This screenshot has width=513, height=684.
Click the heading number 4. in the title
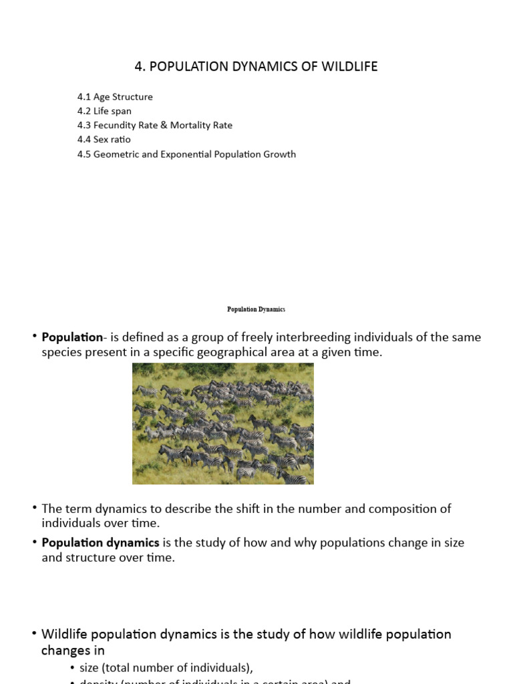click(x=140, y=67)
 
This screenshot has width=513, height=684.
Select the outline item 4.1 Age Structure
click(x=115, y=97)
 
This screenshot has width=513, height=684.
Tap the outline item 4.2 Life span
click(x=104, y=111)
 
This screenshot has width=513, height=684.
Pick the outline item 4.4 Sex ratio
click(x=104, y=140)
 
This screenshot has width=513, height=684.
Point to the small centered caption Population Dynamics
click(x=256, y=309)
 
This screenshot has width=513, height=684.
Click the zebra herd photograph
click(x=222, y=423)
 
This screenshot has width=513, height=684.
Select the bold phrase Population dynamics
click(x=100, y=542)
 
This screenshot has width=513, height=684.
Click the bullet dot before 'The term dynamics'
click(x=34, y=508)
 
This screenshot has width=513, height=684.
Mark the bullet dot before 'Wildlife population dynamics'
click(x=34, y=633)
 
